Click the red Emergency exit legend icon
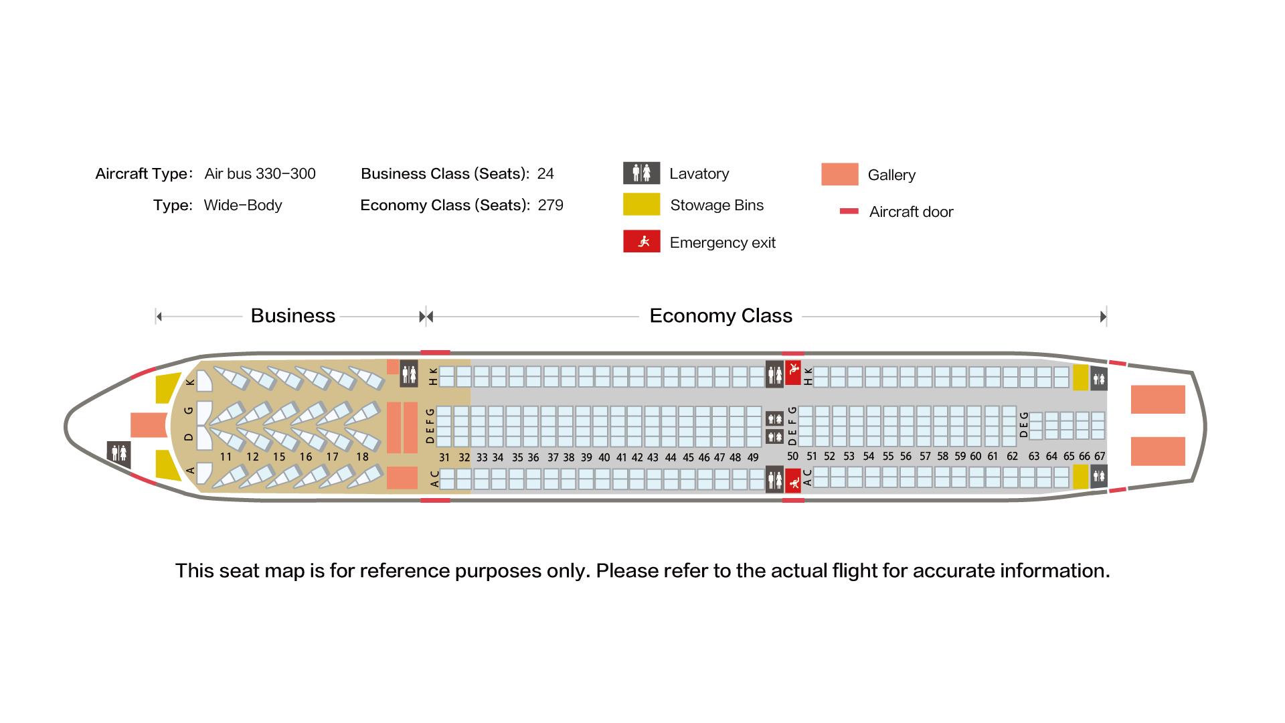tap(641, 242)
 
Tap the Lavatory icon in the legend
tap(641, 173)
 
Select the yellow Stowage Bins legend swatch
tap(641, 205)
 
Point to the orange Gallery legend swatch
tap(839, 174)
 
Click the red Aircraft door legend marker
tap(849, 212)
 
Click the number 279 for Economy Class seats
tap(551, 205)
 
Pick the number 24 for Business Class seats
tap(545, 173)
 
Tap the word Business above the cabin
tap(292, 315)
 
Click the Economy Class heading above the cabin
tap(721, 315)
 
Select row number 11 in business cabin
tap(226, 457)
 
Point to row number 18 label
tap(362, 457)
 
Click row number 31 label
tap(444, 458)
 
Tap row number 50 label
tap(792, 456)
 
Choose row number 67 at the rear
tap(1100, 456)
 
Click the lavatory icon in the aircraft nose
tap(118, 453)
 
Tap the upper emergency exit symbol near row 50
tap(793, 372)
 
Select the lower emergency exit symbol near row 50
tap(793, 481)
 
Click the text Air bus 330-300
tap(260, 173)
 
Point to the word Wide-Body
tap(243, 205)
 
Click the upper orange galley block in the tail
tap(1158, 400)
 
